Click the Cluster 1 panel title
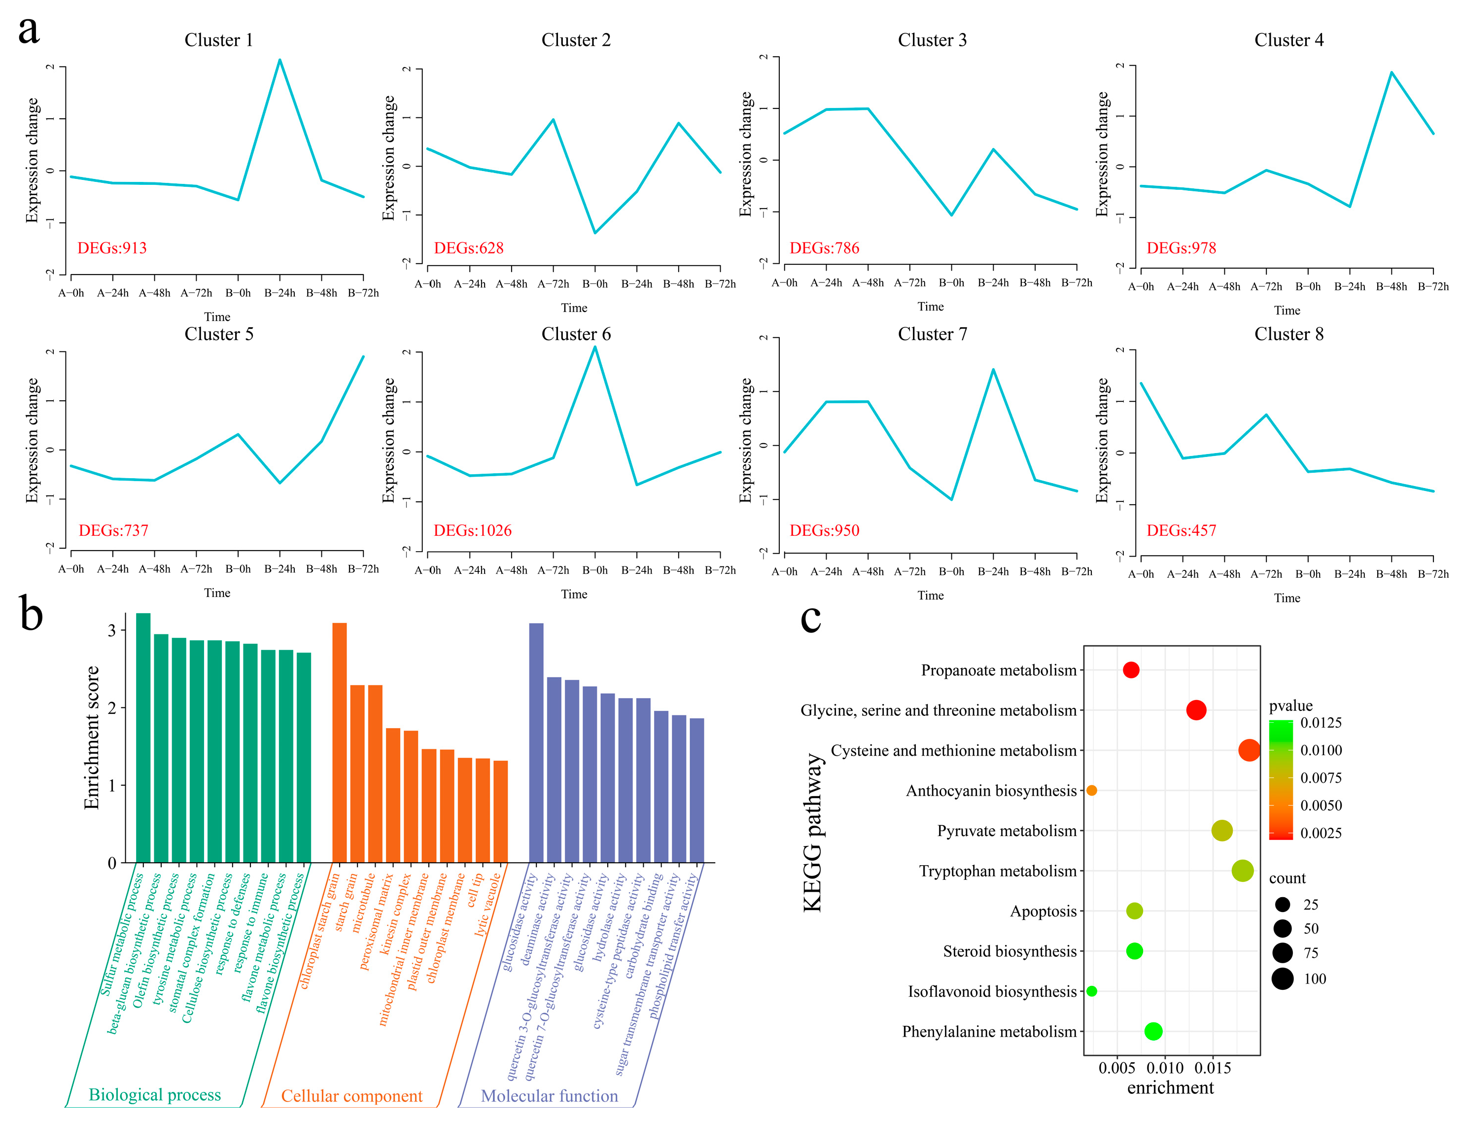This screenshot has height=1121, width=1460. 218,40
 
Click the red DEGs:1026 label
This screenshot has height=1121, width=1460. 472,530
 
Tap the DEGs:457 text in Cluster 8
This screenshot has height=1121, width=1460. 1181,530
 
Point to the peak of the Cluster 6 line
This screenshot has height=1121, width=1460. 594,347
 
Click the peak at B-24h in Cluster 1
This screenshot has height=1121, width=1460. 279,60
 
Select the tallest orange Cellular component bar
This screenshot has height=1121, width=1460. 339,742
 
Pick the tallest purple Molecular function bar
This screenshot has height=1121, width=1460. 536,742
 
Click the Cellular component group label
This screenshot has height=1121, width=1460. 351,1096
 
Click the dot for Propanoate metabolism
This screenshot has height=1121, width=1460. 1130,670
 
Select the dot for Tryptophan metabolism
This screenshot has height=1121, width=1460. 1242,871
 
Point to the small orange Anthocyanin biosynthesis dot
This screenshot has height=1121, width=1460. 1092,791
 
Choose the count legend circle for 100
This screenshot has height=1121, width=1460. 1282,979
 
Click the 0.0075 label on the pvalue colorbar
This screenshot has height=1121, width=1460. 1321,778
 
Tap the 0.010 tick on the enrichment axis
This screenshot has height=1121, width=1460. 1165,1068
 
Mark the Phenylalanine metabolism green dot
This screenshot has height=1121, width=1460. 1153,1032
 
